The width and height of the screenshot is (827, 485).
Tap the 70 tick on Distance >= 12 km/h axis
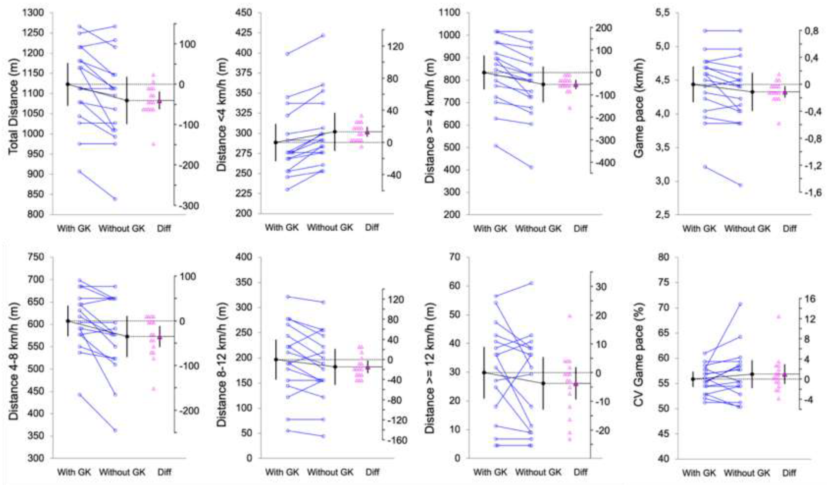[x=453, y=257]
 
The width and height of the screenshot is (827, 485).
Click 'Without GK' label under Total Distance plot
[x=122, y=228]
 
